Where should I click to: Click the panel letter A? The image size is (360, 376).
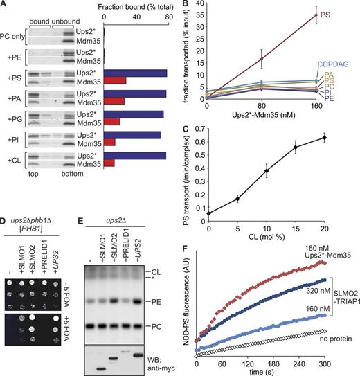(x=5, y=6)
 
